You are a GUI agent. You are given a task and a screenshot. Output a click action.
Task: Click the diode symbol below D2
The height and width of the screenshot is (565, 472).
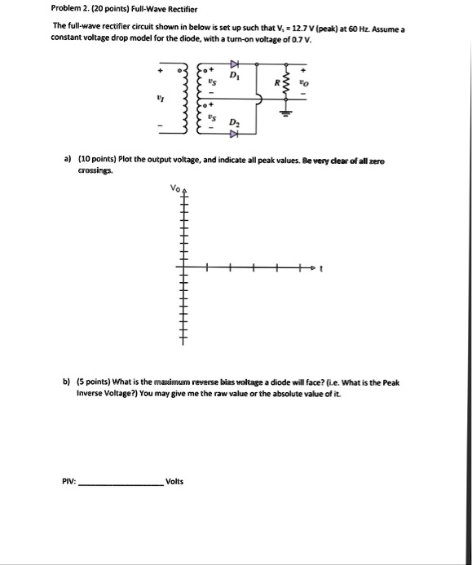click(x=234, y=133)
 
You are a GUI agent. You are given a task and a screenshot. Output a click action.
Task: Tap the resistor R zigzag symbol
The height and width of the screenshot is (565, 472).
click(x=285, y=82)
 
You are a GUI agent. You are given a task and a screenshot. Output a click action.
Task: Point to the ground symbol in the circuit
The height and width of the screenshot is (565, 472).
click(x=285, y=114)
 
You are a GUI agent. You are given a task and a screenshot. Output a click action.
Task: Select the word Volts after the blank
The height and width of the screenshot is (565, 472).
click(x=174, y=481)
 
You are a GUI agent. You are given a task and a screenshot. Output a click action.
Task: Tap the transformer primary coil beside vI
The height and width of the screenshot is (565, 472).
click(x=184, y=95)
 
